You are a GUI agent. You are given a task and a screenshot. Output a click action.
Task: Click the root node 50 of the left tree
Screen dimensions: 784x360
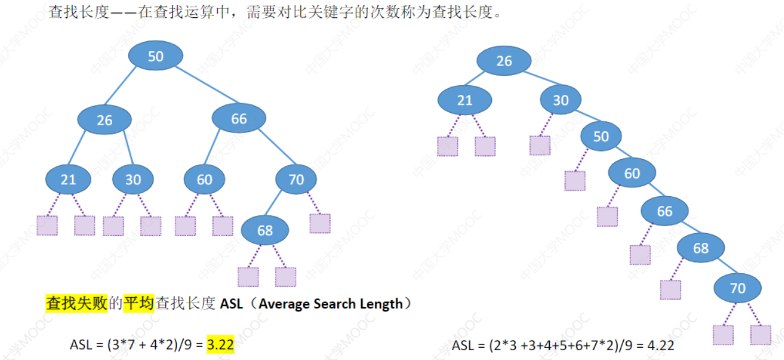coord(155,56)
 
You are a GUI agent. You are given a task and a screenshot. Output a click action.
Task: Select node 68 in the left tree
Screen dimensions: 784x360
coord(264,231)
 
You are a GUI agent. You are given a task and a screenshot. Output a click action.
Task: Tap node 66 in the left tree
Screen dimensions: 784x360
coord(239,119)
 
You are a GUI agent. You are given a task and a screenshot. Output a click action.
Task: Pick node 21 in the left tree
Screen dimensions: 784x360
coord(68,179)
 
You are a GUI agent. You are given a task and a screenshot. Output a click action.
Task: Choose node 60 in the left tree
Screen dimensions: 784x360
coord(204,179)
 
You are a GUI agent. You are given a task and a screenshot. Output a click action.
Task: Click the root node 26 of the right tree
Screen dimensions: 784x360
coord(504,60)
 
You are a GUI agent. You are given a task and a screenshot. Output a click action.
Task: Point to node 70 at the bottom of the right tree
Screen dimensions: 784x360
coord(737,288)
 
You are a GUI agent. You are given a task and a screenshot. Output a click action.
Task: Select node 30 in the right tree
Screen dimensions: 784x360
coord(560,100)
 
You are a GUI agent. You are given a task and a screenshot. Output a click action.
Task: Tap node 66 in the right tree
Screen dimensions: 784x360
coord(664,211)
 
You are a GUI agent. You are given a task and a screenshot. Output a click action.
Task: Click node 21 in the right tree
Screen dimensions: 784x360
coord(465,100)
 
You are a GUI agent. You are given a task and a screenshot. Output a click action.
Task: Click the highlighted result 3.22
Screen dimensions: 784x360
coord(221,345)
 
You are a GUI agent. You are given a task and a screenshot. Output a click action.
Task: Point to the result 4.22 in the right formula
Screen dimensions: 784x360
coord(661,345)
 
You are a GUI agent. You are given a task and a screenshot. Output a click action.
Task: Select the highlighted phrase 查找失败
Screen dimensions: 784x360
coord(76,303)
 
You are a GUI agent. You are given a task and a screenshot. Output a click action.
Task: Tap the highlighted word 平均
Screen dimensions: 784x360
coord(139,303)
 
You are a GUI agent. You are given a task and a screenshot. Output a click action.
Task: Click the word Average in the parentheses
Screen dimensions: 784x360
coord(284,303)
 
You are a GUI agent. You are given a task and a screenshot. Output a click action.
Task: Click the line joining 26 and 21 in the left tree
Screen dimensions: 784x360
coord(86,149)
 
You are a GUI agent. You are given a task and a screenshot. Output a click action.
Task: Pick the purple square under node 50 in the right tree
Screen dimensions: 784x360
coord(575,181)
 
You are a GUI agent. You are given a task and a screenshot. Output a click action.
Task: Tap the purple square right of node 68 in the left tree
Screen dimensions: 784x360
coord(285,277)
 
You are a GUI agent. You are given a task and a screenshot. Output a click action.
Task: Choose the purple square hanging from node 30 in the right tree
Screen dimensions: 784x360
coord(539,145)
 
